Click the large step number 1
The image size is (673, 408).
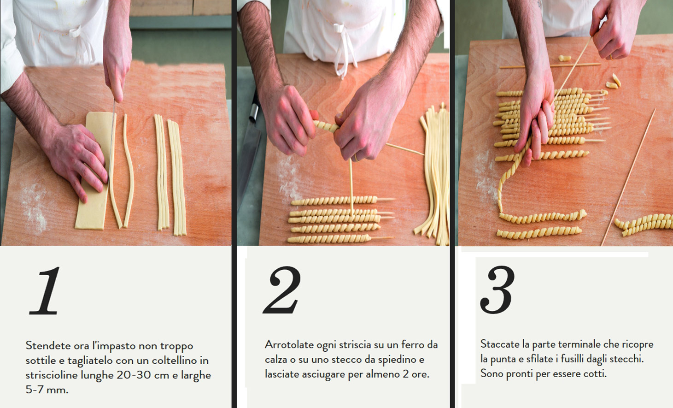(45, 290)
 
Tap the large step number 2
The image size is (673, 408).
(282, 290)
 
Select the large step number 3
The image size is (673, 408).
(497, 290)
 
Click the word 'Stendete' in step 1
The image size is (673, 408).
(48, 345)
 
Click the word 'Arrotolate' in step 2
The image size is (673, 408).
(289, 344)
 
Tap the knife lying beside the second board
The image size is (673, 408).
(249, 150)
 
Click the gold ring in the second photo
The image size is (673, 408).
(357, 158)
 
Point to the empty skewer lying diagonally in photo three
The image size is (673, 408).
(628, 177)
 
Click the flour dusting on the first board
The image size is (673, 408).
(35, 207)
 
